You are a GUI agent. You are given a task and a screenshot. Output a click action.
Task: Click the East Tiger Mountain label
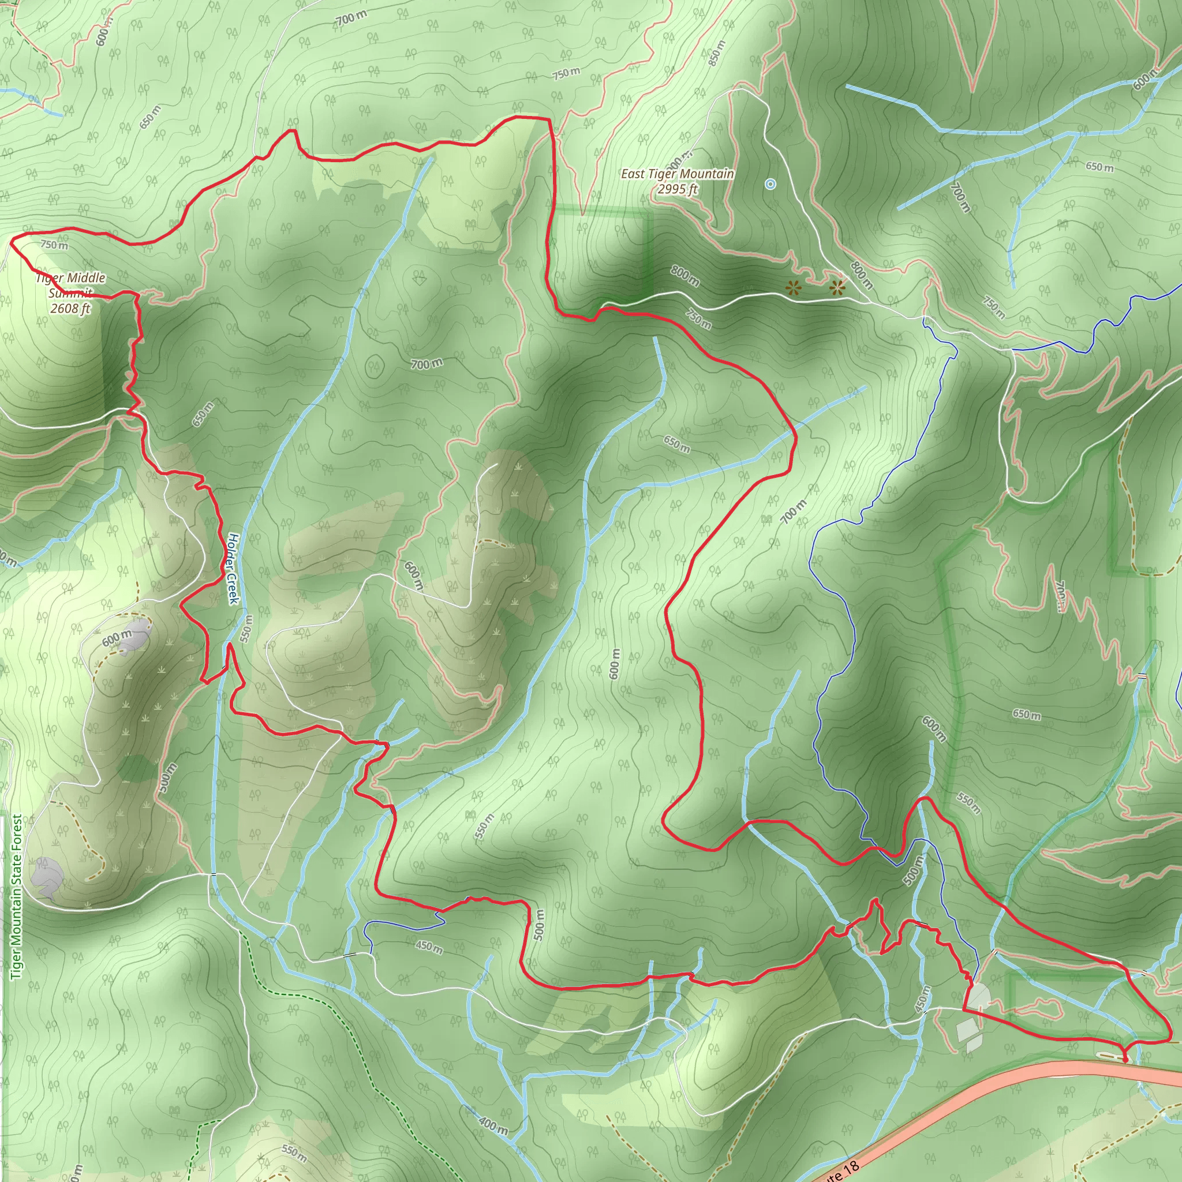click(x=677, y=174)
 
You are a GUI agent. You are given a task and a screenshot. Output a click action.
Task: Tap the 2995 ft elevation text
click(x=677, y=189)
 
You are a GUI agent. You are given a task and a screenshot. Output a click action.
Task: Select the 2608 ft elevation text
click(x=70, y=308)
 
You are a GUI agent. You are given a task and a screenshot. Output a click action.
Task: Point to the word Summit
click(x=70, y=293)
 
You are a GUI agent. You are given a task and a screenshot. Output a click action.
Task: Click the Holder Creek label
click(x=232, y=568)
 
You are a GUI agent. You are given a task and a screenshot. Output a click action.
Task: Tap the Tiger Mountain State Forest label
click(x=17, y=896)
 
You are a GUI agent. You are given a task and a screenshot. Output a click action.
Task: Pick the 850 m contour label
click(x=717, y=53)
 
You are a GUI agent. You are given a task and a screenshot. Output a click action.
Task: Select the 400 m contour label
click(x=493, y=1123)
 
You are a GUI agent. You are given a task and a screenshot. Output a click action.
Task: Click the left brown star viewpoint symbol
click(x=794, y=287)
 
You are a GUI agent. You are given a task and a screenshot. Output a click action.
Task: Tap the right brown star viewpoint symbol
click(x=837, y=286)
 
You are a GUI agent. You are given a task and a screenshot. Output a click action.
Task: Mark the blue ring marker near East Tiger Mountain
click(x=770, y=184)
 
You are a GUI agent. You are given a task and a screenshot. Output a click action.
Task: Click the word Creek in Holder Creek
click(x=232, y=587)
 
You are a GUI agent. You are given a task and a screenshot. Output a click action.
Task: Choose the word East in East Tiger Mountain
click(x=633, y=174)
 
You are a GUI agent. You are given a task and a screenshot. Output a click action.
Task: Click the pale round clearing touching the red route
click(x=978, y=996)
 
